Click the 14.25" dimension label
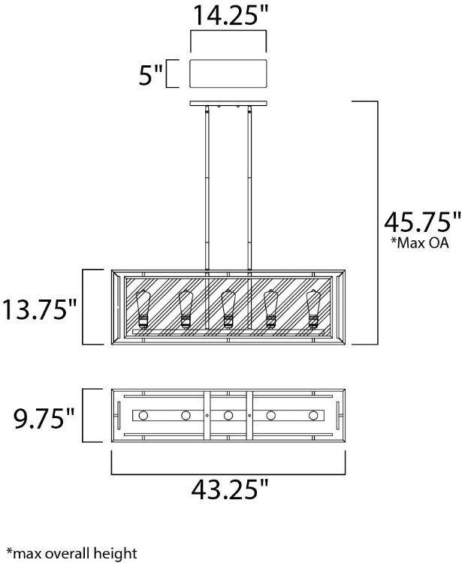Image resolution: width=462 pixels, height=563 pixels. pos(231,15)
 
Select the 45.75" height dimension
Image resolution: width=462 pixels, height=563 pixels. pos(422,223)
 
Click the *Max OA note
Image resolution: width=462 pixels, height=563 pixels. pos(420,242)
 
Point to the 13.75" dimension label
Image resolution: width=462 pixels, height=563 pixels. pos(40,309)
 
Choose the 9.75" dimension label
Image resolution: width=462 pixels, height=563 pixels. pos(44,418)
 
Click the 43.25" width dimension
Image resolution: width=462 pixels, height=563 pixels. pos(230,489)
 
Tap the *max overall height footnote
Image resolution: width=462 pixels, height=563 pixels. pos(72,553)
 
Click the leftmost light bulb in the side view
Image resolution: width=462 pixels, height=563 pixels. pos(143,309)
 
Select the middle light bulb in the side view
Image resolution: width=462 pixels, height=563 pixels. pos(228,309)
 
